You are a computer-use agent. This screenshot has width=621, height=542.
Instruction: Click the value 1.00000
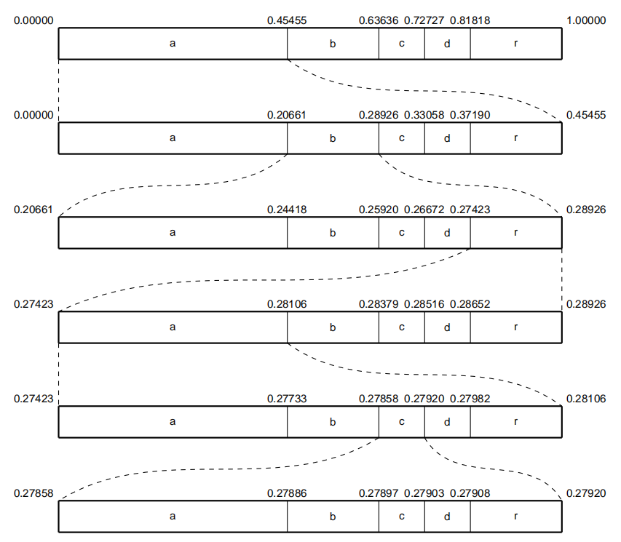pyautogui.click(x=585, y=20)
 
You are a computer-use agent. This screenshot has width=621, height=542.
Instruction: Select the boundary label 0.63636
pyautogui.click(x=379, y=20)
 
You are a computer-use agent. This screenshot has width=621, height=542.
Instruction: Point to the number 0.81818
pyautogui.click(x=470, y=20)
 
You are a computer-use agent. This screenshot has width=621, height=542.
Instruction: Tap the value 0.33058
pyautogui.click(x=424, y=115)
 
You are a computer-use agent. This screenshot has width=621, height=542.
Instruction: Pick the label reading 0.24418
pyautogui.click(x=287, y=210)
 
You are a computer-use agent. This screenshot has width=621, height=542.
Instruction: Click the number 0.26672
pyautogui.click(x=424, y=210)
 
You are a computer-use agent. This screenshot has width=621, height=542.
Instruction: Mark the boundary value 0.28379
pyautogui.click(x=379, y=304)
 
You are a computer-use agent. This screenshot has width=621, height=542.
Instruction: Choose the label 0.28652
pyautogui.click(x=470, y=304)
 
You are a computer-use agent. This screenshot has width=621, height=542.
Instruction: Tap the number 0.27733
pyautogui.click(x=287, y=399)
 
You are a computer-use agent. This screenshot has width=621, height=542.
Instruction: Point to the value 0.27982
pyautogui.click(x=470, y=399)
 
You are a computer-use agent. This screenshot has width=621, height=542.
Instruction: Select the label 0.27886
pyautogui.click(x=287, y=493)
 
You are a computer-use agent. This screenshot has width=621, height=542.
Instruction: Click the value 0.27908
pyautogui.click(x=470, y=493)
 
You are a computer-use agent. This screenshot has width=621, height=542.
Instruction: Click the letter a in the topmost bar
pyautogui.click(x=173, y=44)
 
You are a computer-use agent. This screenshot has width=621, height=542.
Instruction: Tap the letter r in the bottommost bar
pyautogui.click(x=515, y=517)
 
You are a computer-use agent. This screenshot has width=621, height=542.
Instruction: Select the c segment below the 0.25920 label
pyautogui.click(x=401, y=233)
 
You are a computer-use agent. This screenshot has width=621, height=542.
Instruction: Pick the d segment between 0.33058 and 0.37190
pyautogui.click(x=447, y=138)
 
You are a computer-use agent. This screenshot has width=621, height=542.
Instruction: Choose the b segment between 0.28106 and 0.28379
pyautogui.click(x=333, y=327)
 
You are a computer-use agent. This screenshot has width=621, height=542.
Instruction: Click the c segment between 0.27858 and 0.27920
pyautogui.click(x=401, y=422)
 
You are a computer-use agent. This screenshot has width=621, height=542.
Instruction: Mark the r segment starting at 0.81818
pyautogui.click(x=515, y=44)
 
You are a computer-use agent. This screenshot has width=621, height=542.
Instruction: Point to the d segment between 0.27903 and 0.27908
pyautogui.click(x=447, y=517)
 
